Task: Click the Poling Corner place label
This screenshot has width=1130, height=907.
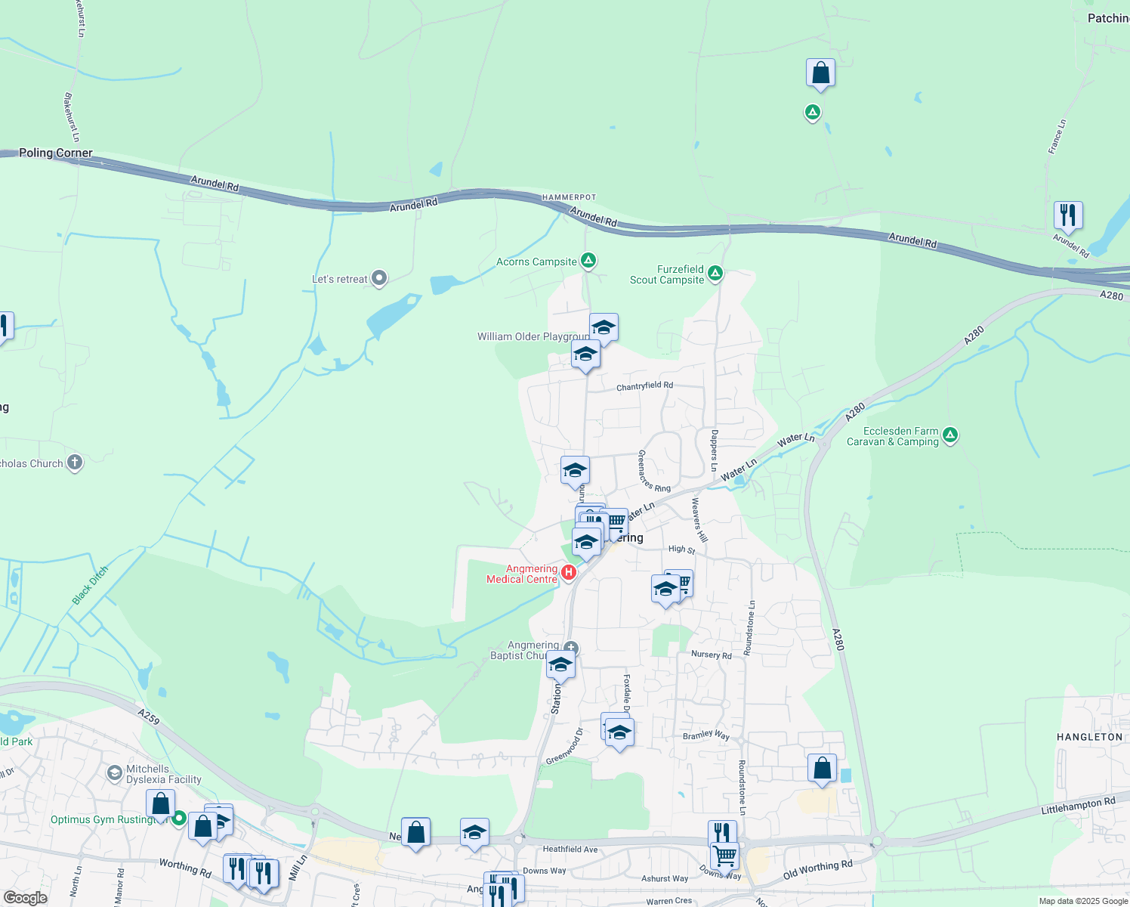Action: [55, 153]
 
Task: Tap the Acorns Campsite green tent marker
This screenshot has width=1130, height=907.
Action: [588, 261]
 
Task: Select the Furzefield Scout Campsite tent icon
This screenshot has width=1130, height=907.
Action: [715, 273]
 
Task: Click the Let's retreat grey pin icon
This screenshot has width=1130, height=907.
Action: [379, 279]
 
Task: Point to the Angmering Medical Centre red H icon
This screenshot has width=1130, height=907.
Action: [569, 572]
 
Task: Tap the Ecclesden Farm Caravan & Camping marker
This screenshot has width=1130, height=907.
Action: [950, 435]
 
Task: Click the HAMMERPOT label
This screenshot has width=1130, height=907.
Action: [569, 197]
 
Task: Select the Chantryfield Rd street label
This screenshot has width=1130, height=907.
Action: [644, 386]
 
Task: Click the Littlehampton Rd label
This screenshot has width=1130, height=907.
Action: [1078, 806]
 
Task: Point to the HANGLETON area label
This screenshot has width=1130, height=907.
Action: [1089, 737]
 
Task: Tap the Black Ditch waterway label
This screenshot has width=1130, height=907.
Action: [91, 585]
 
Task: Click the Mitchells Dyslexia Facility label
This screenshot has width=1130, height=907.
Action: [164, 774]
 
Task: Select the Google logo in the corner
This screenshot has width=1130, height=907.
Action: [26, 897]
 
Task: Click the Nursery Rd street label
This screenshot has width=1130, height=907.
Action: [712, 655]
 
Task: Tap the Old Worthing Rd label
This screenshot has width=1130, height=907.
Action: [817, 870]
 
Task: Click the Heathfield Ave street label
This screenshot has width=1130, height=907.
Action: [570, 850]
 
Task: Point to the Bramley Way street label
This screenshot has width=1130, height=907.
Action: [706, 735]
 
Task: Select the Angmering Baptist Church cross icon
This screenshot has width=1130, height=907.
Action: [571, 648]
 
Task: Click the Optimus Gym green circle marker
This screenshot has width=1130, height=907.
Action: [179, 818]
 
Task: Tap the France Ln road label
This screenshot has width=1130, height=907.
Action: [1057, 137]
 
